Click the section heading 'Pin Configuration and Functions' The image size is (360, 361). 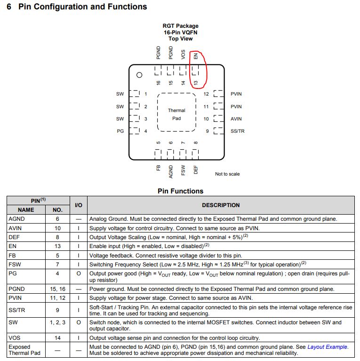click(x=82, y=7)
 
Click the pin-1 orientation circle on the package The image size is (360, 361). click(x=139, y=75)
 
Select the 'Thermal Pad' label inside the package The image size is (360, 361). click(x=176, y=114)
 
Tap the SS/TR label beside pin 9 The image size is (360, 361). click(x=238, y=131)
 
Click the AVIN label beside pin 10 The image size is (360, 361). click(x=236, y=119)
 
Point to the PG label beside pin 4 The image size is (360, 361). click(x=120, y=131)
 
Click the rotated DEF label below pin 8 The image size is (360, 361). click(x=196, y=169)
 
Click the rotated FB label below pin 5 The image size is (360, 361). click(x=159, y=168)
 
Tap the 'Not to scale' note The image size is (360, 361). click(x=227, y=174)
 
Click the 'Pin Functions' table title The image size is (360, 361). click(x=180, y=191)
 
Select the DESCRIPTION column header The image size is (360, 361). click(x=221, y=205)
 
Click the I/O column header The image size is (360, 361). click(x=79, y=205)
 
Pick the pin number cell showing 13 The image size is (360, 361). click(x=57, y=246)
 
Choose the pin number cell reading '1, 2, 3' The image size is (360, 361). click(x=57, y=322)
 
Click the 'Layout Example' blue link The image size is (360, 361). click(x=328, y=347)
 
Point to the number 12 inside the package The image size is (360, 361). click(x=206, y=94)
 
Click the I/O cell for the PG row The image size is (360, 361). click(x=79, y=273)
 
